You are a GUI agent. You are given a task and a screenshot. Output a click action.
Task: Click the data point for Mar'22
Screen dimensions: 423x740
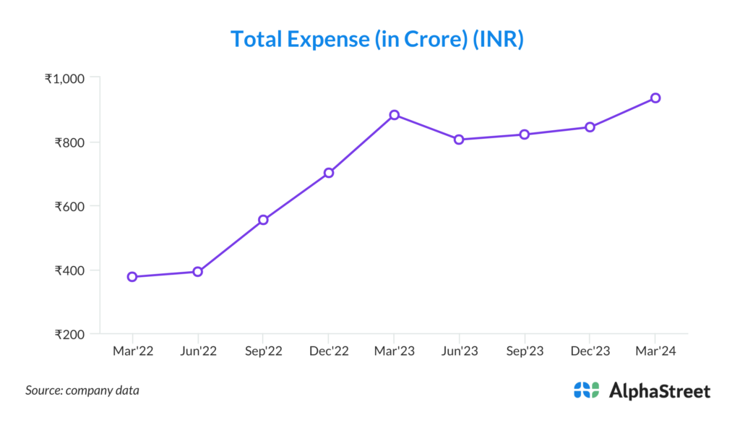[x=132, y=277]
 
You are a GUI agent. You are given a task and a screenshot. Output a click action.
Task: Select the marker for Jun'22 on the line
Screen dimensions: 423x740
[x=197, y=272]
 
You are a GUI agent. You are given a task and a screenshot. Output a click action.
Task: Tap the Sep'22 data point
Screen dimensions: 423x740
[x=263, y=220]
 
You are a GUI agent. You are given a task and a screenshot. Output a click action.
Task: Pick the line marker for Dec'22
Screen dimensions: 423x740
[x=329, y=173]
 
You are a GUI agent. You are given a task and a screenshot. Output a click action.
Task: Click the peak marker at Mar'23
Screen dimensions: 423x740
[x=394, y=115]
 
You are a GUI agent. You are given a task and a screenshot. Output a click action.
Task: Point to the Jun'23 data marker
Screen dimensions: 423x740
[x=460, y=140]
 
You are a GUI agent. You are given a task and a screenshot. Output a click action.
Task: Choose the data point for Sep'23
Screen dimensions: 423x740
[x=525, y=134]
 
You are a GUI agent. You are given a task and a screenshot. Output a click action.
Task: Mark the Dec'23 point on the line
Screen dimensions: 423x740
[x=590, y=127]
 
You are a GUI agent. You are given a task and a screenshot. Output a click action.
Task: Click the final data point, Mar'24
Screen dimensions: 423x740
[x=655, y=98]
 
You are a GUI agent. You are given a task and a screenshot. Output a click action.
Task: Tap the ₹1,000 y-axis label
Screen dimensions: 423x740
[x=65, y=78]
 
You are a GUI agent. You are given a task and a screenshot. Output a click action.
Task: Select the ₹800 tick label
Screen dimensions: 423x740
[x=70, y=142]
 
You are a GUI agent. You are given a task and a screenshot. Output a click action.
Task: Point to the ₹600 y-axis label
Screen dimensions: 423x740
[x=70, y=206]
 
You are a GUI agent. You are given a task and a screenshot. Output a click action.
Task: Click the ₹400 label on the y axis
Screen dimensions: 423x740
[x=70, y=270]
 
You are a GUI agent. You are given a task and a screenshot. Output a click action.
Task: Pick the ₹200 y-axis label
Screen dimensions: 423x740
[x=70, y=335]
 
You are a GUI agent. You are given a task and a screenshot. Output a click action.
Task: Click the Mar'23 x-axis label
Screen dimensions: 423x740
[x=394, y=351]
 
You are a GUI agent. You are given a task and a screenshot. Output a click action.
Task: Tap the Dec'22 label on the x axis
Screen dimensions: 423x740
[x=329, y=351]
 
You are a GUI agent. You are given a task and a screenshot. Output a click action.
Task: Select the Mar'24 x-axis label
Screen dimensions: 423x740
[x=655, y=351]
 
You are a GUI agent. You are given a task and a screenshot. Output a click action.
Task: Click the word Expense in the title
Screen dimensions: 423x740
[x=328, y=39]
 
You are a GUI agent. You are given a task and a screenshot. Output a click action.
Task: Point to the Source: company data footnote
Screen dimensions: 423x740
[x=82, y=390]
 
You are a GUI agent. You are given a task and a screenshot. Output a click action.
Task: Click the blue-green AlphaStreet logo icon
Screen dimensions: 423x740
[x=587, y=390]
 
